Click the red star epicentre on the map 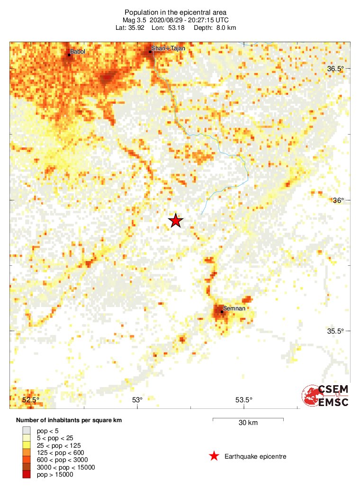[176, 221]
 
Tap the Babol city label [78, 51]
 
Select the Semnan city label [234, 309]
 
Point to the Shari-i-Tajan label [168, 48]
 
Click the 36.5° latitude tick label [336, 69]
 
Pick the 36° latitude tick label [338, 200]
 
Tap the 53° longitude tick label [137, 400]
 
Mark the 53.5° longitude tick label [244, 400]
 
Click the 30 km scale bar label [248, 423]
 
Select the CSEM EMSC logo [325, 396]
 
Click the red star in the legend [214, 456]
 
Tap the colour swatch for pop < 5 [27, 431]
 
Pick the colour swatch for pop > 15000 [27, 474]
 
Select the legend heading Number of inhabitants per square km [72, 420]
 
